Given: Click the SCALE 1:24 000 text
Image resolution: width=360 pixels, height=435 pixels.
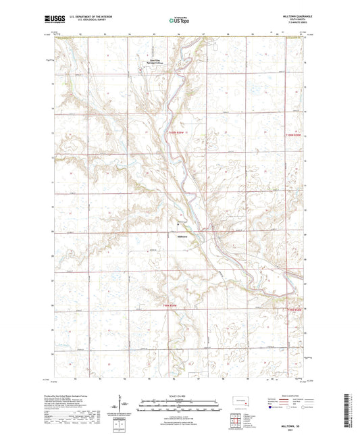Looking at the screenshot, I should [180, 396].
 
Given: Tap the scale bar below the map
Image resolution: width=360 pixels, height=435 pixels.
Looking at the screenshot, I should [180, 403].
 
